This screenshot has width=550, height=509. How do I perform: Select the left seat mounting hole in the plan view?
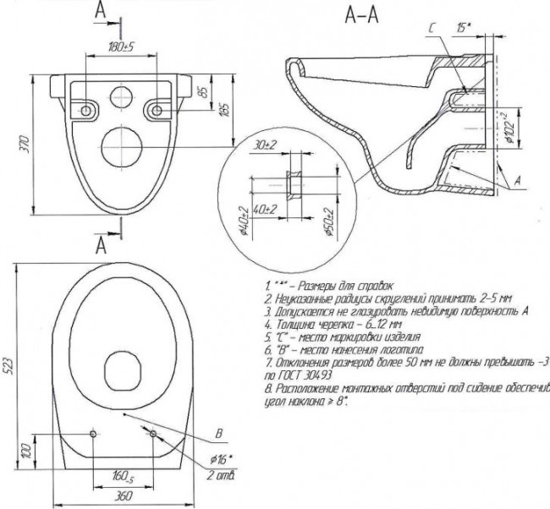pyautogui.click(x=94, y=435)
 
